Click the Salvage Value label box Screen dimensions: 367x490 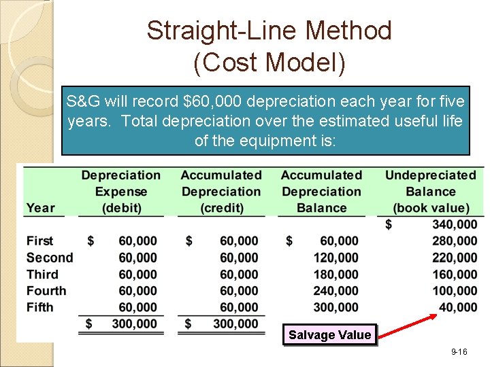(x=330, y=334)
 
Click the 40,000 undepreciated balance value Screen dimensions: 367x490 (x=458, y=307)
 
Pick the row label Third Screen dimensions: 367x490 (x=42, y=275)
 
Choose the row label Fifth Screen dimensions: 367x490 (x=40, y=307)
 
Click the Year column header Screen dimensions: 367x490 (x=41, y=208)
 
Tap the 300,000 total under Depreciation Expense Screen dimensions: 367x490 (x=134, y=324)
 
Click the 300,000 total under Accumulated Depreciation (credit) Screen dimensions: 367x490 (x=235, y=324)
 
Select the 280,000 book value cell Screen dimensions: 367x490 (x=455, y=241)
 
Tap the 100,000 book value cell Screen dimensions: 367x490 (x=455, y=291)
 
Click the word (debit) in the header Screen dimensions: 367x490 (x=122, y=208)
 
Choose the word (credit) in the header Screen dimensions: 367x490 (x=221, y=208)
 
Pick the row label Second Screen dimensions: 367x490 (x=49, y=258)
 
